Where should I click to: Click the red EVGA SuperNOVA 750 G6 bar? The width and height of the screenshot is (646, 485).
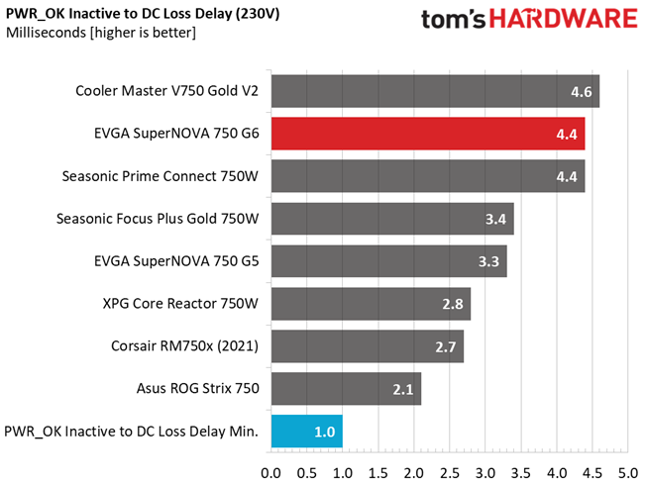(426, 134)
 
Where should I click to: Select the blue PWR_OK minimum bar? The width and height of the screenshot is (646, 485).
(306, 431)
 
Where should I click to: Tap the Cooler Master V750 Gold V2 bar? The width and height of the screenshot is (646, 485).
(434, 91)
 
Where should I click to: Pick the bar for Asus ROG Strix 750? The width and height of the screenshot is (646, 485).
(345, 389)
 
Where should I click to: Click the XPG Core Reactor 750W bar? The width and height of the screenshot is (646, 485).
(370, 304)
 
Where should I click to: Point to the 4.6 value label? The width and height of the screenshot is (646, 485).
(582, 91)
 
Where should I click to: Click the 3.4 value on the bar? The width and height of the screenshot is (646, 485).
(496, 219)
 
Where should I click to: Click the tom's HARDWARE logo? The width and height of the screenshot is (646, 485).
(526, 22)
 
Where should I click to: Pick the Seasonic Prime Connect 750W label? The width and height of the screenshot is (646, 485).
(160, 176)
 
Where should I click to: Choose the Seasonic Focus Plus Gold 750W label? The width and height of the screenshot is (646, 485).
(159, 219)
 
